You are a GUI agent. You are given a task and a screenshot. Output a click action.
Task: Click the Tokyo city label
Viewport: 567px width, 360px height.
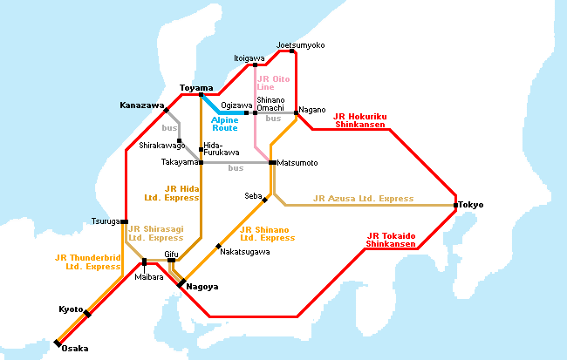471,205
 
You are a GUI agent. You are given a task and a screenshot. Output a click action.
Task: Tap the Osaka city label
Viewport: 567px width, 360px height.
74,349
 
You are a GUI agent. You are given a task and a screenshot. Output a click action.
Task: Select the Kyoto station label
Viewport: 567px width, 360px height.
71,309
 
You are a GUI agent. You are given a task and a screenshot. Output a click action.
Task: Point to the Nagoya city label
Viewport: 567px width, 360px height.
202,287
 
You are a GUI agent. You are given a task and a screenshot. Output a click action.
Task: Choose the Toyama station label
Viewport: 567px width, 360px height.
196,88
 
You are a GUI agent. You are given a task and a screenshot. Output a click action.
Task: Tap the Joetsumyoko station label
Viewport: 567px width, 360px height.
300,44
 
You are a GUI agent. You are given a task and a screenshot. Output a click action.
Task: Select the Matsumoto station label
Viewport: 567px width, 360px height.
298,163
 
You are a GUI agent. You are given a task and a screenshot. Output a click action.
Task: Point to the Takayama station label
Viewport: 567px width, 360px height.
180,162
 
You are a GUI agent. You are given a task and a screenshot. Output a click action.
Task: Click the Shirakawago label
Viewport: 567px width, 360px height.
162,146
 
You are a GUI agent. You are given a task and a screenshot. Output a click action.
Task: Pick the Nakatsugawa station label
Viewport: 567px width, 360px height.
245,252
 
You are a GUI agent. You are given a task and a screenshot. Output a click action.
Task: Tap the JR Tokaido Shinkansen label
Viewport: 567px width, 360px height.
391,240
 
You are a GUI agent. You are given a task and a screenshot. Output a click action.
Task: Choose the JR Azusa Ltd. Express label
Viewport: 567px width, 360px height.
363,199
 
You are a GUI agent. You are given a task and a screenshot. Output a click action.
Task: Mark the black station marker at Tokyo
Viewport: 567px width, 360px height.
456,205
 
